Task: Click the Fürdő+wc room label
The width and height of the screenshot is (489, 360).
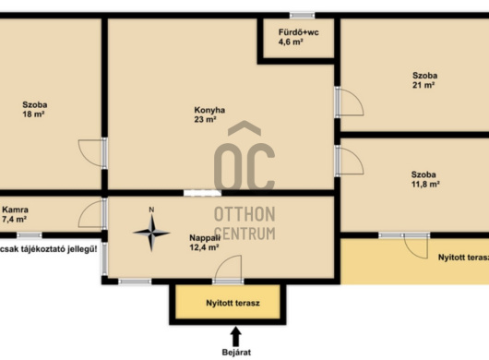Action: pyautogui.click(x=298, y=32)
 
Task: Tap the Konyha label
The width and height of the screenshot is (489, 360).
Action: pyautogui.click(x=209, y=110)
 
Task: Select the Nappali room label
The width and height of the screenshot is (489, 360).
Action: pyautogui.click(x=205, y=238)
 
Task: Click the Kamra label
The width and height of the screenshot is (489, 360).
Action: pyautogui.click(x=15, y=210)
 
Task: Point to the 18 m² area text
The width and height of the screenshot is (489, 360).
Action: pyautogui.click(x=33, y=114)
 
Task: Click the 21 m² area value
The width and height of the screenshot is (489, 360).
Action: pyautogui.click(x=423, y=85)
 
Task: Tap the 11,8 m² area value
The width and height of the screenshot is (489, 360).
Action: pyautogui.click(x=425, y=184)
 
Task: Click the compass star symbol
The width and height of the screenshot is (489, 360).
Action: pyautogui.click(x=151, y=233)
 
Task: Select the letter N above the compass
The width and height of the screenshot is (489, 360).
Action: pyautogui.click(x=151, y=210)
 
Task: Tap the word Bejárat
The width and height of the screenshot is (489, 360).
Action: pyautogui.click(x=236, y=353)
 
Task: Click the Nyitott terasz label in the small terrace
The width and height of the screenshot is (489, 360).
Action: pyautogui.click(x=233, y=303)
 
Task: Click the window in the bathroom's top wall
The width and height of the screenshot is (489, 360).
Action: pyautogui.click(x=302, y=15)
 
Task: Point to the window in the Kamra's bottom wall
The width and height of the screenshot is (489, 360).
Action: pyautogui.click(x=30, y=235)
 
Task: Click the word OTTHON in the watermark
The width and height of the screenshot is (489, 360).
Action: pyautogui.click(x=244, y=214)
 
